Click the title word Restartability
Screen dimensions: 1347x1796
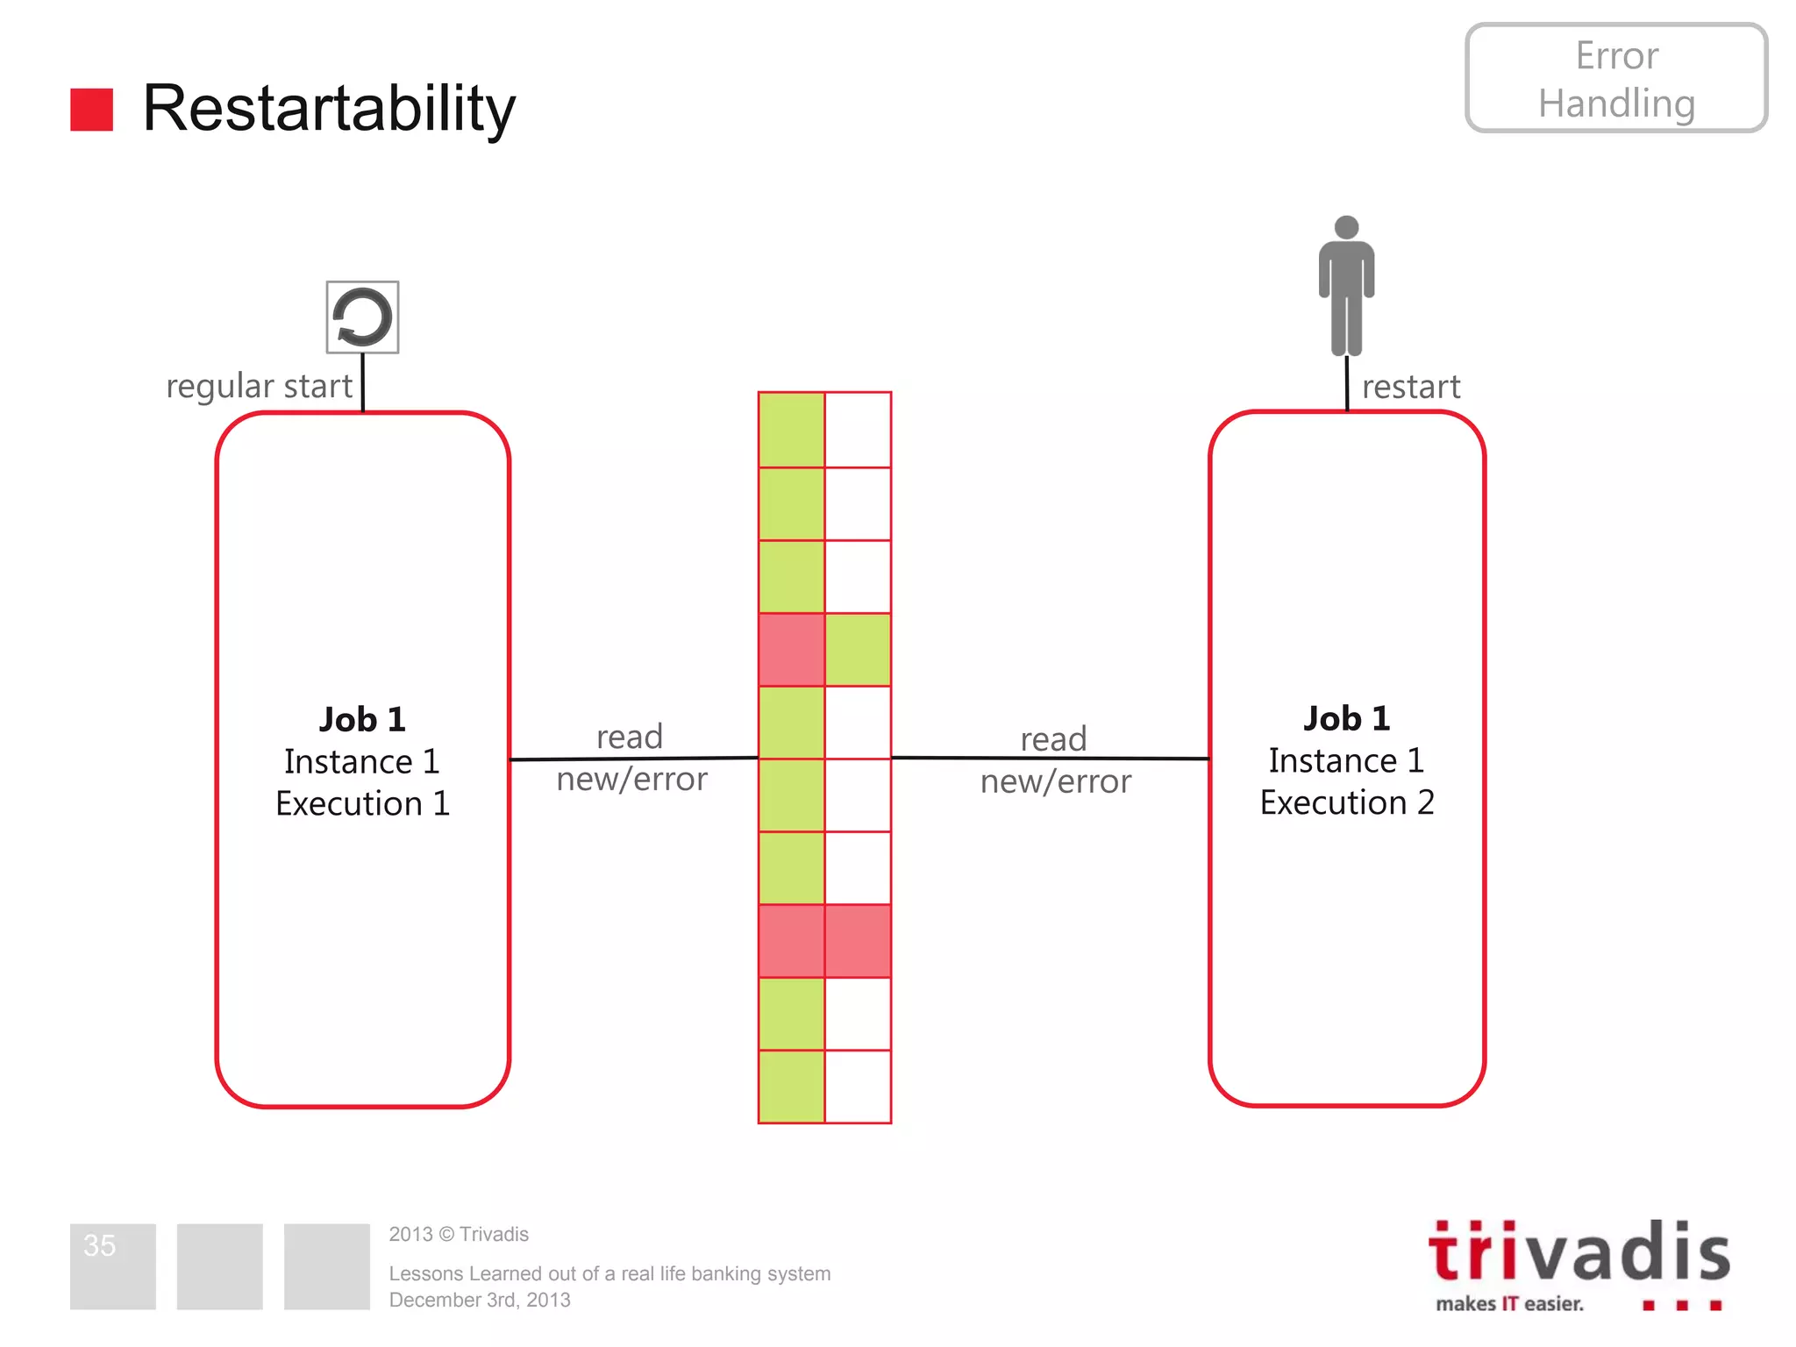[329, 109]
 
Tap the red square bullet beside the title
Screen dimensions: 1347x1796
[91, 110]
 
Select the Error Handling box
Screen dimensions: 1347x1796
[1615, 79]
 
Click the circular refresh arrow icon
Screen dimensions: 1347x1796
[362, 317]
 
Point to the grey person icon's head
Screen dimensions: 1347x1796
[1346, 227]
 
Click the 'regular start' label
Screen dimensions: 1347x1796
[259, 387]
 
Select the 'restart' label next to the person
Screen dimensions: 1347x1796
[1410, 387]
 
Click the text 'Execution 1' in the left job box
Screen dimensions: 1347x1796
[362, 804]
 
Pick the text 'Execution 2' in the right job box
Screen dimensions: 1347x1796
[1347, 803]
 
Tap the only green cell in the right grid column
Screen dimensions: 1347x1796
[858, 650]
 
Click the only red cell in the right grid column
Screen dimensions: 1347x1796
[858, 941]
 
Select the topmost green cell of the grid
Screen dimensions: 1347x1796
[791, 430]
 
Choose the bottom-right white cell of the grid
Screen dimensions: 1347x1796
[858, 1087]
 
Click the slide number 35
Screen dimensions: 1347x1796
[100, 1245]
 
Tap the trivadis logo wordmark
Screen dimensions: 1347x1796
[1579, 1252]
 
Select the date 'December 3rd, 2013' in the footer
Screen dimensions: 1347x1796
[480, 1301]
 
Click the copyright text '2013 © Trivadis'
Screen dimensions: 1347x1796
[459, 1235]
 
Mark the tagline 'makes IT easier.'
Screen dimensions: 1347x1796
[1509, 1304]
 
